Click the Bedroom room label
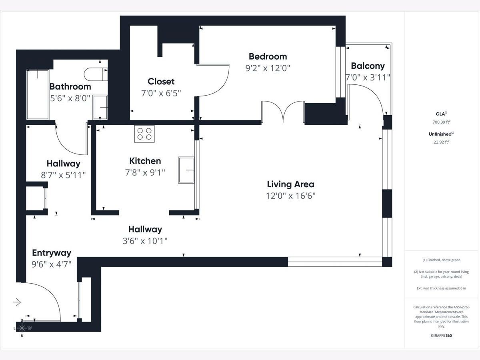(268, 57)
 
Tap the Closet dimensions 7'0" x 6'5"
(161, 93)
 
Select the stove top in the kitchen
(144, 134)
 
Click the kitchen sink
(186, 170)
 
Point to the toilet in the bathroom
(96, 74)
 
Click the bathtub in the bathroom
(38, 95)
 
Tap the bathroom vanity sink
(100, 107)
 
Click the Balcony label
(368, 66)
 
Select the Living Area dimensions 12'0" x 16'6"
(291, 196)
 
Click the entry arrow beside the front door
(17, 302)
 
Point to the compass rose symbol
(22, 328)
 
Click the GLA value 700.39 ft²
(441, 122)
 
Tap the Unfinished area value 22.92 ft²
(441, 142)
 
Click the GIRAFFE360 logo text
(441, 336)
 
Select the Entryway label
(52, 253)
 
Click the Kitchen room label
(145, 161)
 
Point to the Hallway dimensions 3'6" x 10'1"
(145, 241)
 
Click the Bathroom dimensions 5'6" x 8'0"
(70, 98)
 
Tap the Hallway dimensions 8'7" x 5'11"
(63, 175)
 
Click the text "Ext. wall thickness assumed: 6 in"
(441, 288)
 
